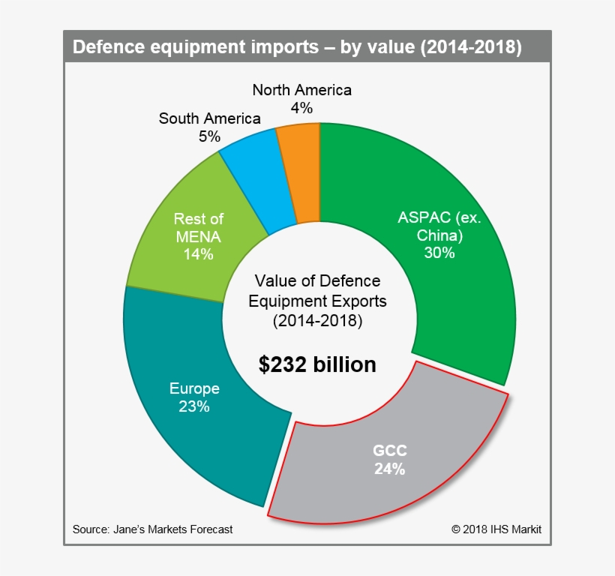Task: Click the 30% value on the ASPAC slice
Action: (x=439, y=253)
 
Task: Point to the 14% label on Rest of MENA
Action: (x=198, y=254)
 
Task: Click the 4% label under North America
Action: (x=301, y=108)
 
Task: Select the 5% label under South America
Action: (x=210, y=136)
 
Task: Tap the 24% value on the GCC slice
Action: (x=390, y=469)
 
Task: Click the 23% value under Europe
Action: (x=194, y=407)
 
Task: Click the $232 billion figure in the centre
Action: (x=317, y=364)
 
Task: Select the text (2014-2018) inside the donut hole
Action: (x=317, y=321)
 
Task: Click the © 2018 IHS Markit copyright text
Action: (x=496, y=529)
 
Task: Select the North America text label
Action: (x=301, y=90)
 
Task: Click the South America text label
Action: (x=210, y=118)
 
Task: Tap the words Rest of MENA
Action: (x=198, y=227)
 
